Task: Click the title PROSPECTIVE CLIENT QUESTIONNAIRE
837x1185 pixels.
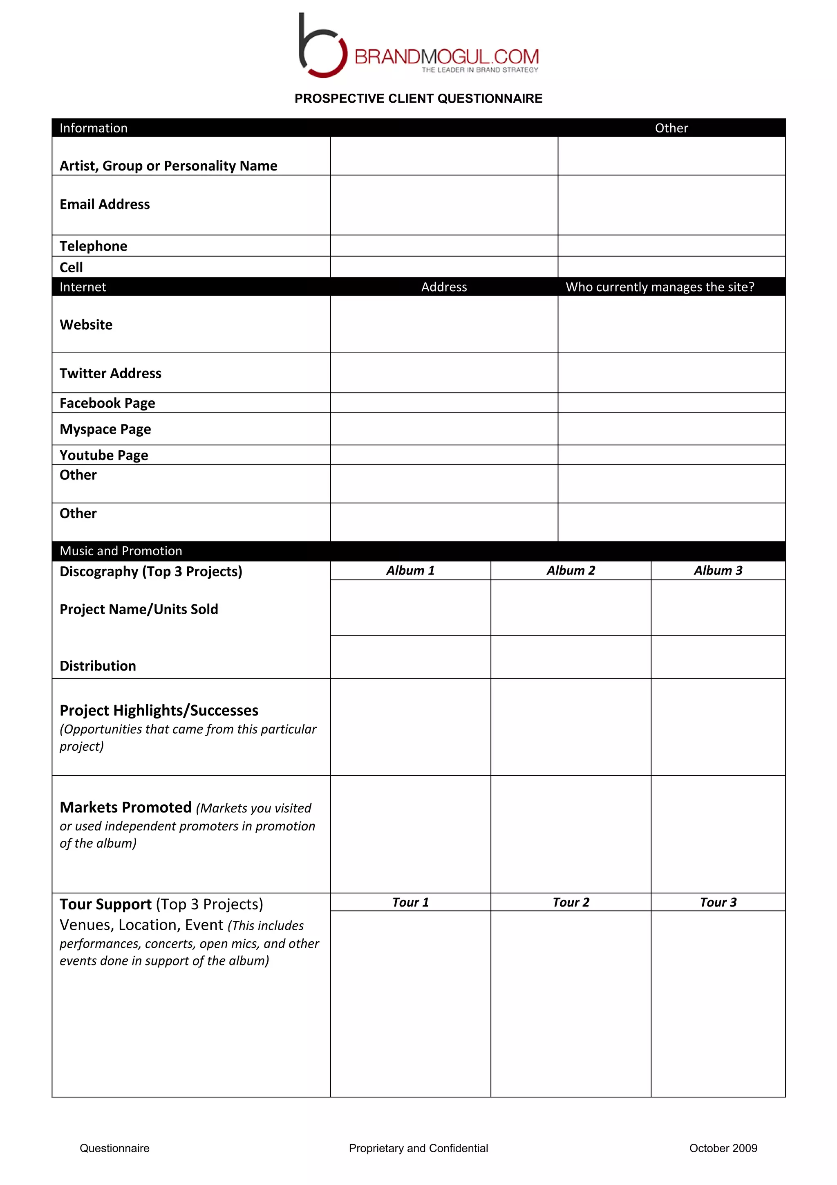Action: [x=418, y=99]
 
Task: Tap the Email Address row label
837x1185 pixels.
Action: [x=105, y=204]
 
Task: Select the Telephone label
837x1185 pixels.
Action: [x=93, y=246]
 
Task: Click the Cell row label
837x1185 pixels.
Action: [x=71, y=267]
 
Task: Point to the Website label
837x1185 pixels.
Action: [x=86, y=325]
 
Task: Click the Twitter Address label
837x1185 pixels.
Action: [x=110, y=373]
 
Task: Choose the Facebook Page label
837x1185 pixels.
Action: [x=107, y=403]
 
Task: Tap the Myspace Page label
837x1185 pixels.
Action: [x=105, y=429]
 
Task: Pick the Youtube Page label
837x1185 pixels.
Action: [x=104, y=455]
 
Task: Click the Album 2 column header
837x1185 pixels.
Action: [x=571, y=570]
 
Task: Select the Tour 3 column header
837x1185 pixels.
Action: [x=718, y=902]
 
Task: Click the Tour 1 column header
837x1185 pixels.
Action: [x=410, y=902]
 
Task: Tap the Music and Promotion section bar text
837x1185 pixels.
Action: [x=121, y=551]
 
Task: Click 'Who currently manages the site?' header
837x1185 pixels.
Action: [x=660, y=287]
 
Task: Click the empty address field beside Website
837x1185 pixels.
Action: [x=444, y=325]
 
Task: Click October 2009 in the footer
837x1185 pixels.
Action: [x=723, y=1148]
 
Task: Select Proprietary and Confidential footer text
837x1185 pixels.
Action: [x=418, y=1148]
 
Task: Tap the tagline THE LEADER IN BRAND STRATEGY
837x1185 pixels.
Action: [x=480, y=70]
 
